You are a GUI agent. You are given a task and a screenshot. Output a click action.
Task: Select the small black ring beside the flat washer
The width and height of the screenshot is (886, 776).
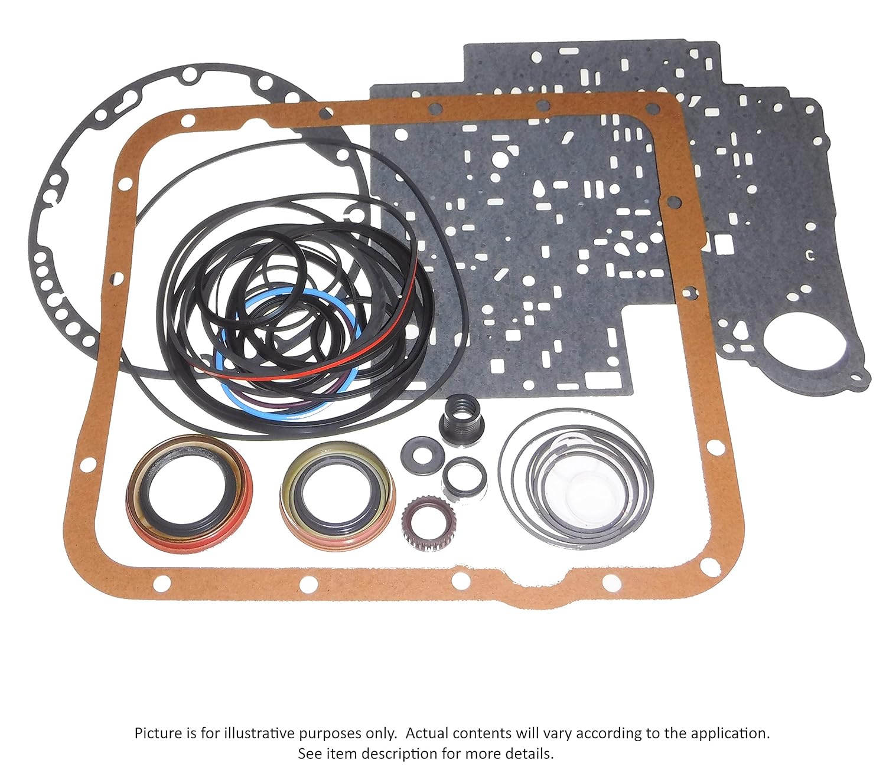(x=465, y=476)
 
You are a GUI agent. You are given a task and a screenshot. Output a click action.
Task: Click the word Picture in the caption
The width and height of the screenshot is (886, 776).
(x=158, y=734)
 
